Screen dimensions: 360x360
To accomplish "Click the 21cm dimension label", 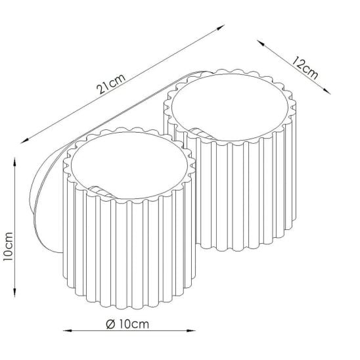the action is click(111, 84).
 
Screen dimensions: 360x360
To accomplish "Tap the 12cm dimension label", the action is click(305, 68).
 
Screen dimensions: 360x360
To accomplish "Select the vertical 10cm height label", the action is click(8, 246).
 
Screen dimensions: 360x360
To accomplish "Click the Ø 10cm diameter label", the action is click(127, 324).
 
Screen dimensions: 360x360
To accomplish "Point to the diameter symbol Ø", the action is click(110, 324).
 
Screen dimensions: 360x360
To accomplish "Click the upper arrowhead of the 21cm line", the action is click(221, 27).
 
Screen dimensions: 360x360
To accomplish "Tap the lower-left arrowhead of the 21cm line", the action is click(24, 141).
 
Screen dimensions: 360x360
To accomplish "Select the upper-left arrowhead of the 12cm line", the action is click(260, 43).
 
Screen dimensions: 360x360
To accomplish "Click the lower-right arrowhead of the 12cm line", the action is click(327, 91).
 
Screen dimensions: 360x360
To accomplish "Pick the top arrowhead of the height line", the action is click(15, 162).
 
